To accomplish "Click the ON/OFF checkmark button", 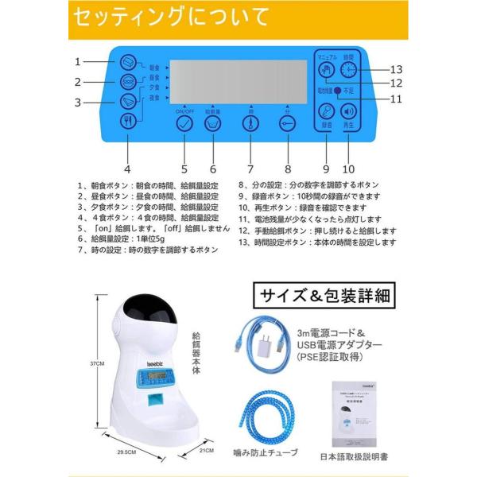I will click(184, 125).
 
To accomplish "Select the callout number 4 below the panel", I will click(126, 169).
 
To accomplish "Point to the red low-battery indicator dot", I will click(337, 91).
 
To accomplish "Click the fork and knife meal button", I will click(127, 121).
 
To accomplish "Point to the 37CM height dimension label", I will click(97, 363).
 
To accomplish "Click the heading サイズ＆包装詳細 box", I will click(322, 296).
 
